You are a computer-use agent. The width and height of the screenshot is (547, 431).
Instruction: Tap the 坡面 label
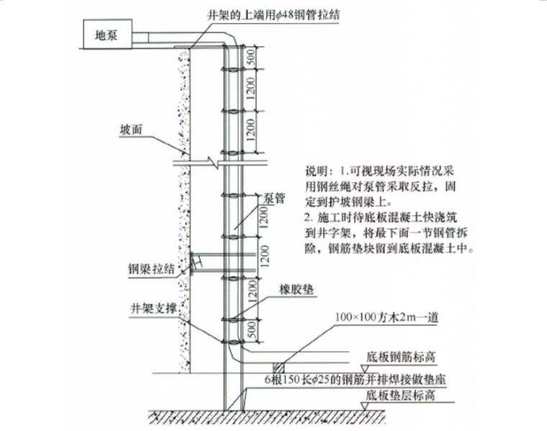point(131,131)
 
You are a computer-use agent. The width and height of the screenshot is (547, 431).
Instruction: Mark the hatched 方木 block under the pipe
point(278,365)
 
